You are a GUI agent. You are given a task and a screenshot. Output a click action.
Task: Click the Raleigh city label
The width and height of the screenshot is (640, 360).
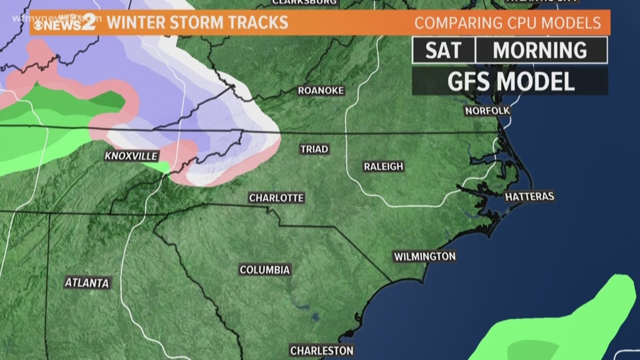(383, 167)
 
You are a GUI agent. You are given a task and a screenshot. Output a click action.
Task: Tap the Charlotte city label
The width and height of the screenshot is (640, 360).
(276, 198)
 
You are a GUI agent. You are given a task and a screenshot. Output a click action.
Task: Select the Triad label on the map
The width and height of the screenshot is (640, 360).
(314, 149)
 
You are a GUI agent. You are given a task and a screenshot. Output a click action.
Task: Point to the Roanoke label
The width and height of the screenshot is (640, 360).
(321, 90)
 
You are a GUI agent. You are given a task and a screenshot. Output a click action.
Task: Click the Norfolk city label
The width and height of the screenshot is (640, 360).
(487, 111)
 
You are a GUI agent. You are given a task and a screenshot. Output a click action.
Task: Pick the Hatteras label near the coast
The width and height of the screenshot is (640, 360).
(529, 197)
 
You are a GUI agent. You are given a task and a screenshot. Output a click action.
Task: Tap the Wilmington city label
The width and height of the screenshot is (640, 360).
(424, 257)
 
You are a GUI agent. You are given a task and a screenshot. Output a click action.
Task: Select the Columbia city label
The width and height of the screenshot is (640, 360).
(265, 270)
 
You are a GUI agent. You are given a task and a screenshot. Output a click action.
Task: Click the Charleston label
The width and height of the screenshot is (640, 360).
(322, 350)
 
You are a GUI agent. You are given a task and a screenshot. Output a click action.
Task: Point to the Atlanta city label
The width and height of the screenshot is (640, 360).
(86, 283)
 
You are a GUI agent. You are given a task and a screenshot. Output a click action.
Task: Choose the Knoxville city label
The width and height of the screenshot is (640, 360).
(131, 156)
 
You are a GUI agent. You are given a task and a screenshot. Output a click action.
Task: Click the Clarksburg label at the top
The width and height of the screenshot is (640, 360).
(304, 2)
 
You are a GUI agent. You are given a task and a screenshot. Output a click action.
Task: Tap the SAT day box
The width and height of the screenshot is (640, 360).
(444, 51)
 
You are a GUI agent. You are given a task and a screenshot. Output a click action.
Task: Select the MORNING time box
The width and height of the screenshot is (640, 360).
(540, 51)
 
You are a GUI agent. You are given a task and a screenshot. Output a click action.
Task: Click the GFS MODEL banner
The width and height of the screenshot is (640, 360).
(510, 81)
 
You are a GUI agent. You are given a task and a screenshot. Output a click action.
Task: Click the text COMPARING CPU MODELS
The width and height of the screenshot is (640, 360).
(508, 24)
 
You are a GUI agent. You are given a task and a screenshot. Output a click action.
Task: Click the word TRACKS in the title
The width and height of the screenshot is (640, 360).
(262, 22)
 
